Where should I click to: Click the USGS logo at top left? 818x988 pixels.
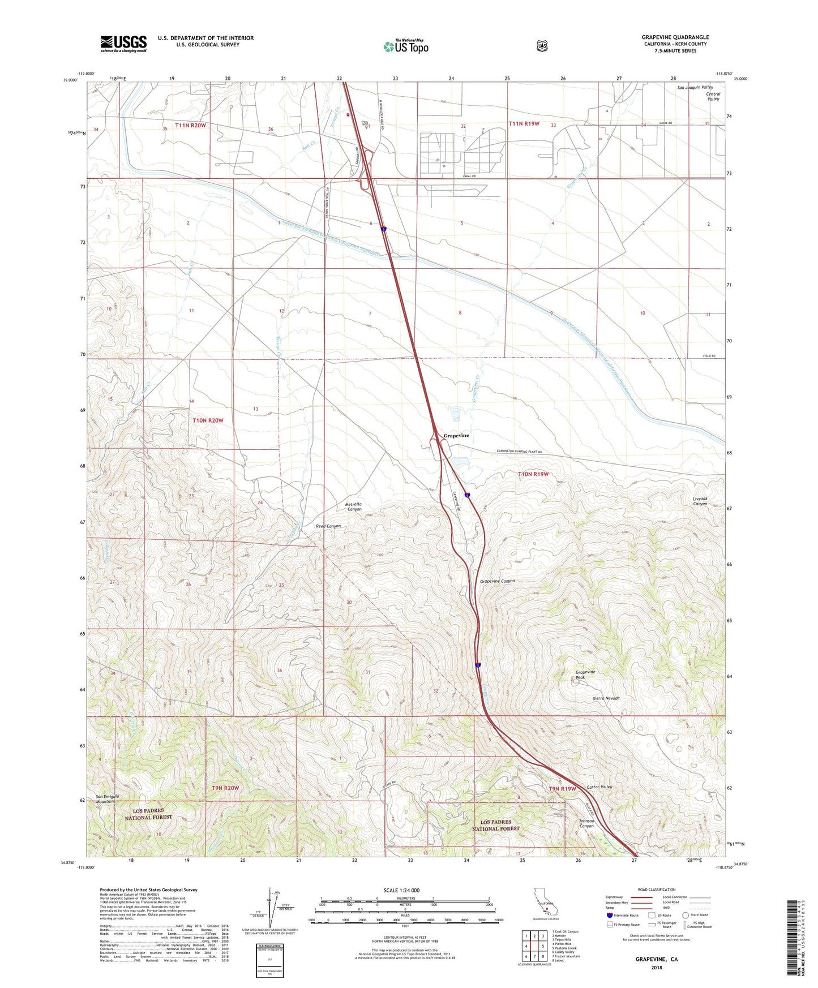[123, 44]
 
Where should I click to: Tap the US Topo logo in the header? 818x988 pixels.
[405, 46]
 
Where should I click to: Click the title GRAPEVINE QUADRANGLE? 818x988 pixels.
[675, 37]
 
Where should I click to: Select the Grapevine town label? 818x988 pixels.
[456, 436]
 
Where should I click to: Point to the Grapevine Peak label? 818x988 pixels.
[585, 675]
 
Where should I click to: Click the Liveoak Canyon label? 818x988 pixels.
[700, 501]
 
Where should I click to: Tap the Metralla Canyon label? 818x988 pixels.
[353, 506]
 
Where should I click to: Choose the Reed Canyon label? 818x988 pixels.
[328, 526]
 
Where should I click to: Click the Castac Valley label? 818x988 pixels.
[599, 787]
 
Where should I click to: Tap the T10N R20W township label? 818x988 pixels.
[208, 420]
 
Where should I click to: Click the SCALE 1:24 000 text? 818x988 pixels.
[401, 890]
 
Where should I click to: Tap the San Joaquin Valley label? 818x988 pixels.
[695, 88]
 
